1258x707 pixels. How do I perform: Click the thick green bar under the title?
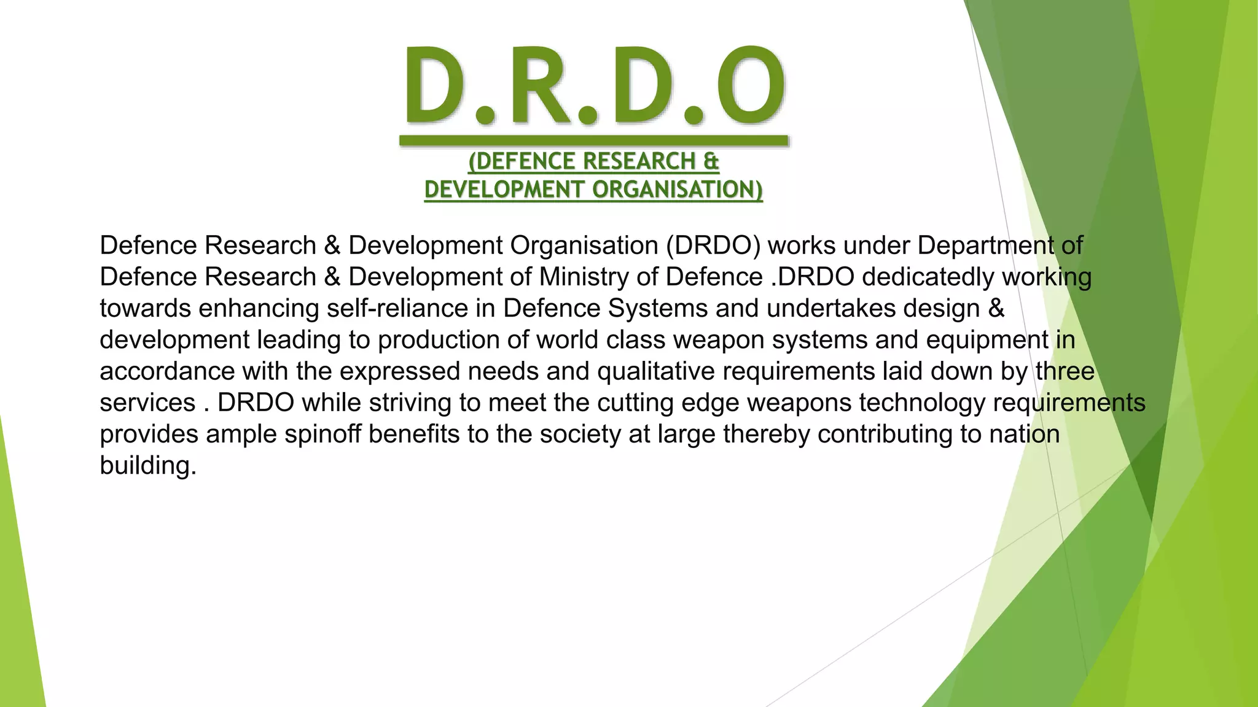(x=593, y=141)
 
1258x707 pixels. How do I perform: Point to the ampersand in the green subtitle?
(x=711, y=161)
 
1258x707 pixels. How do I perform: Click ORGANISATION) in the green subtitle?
(x=678, y=190)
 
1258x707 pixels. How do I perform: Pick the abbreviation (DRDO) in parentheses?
(x=713, y=245)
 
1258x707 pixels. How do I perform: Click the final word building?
(x=147, y=466)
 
